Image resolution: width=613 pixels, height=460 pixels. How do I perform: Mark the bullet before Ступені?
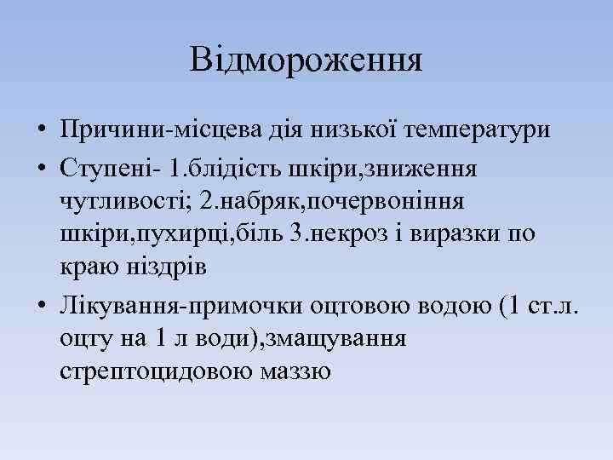[x=40, y=169]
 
